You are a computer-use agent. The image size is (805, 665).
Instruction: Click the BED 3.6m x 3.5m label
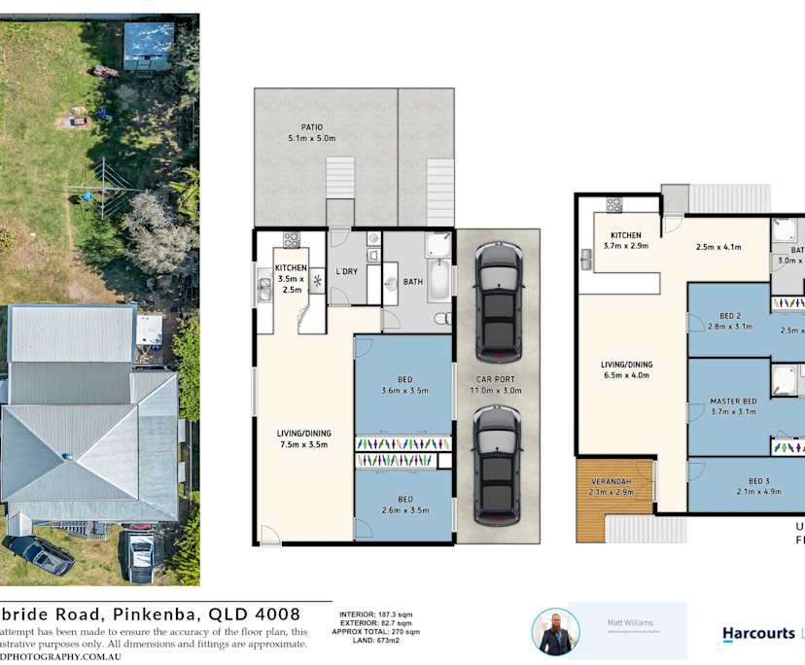point(403,384)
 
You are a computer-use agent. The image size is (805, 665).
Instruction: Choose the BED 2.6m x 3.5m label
point(403,505)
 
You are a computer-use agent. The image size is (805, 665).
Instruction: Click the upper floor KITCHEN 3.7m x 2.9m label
point(625,240)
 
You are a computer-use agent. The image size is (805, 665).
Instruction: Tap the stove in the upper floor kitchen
point(614,204)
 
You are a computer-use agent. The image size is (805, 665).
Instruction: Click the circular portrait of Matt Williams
point(555,632)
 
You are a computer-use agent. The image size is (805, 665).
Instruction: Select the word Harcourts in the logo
point(757,634)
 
